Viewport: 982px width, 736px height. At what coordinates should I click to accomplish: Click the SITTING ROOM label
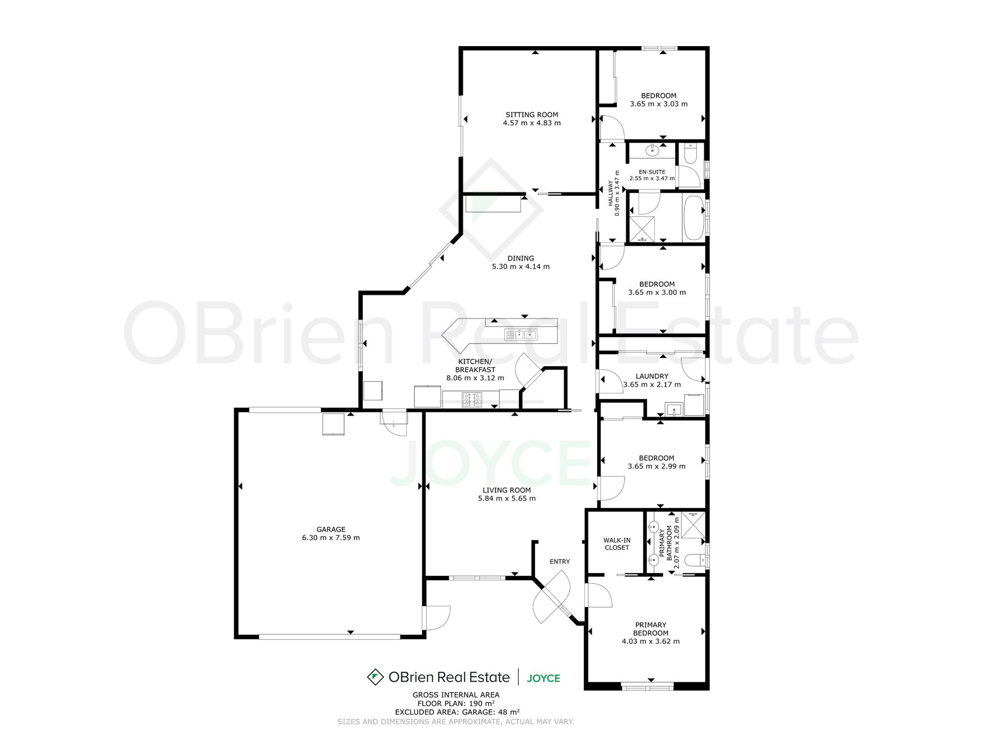coord(532,115)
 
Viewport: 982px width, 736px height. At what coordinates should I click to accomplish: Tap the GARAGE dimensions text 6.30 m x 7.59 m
coord(331,538)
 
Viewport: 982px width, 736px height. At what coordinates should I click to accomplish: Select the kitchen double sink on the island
coord(521,335)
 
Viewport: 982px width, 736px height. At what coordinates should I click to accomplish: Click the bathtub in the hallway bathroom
coord(693,218)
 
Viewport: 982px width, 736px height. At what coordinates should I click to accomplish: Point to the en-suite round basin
coord(653,150)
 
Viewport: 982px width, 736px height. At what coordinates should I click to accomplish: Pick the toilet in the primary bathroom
coord(694,560)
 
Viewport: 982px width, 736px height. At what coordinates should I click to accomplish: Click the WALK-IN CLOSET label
coord(617,544)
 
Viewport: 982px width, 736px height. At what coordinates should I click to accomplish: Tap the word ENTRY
coord(560,561)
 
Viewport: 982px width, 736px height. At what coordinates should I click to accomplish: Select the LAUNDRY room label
coord(652,376)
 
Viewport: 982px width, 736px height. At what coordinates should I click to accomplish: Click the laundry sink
coord(674,409)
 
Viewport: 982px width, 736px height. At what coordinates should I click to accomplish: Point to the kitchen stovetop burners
coord(472,399)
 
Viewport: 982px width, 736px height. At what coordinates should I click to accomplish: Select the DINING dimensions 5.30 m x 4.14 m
coord(521,267)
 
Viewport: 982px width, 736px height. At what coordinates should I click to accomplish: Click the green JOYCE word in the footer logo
coord(544,678)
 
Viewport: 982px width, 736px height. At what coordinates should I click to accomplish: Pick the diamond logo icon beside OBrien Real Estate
coord(375,677)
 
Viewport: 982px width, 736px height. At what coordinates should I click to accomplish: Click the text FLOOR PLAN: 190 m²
coord(456,703)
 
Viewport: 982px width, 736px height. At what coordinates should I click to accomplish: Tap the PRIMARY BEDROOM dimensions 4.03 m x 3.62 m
coord(651,641)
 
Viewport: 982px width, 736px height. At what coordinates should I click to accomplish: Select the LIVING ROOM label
coord(507,490)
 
